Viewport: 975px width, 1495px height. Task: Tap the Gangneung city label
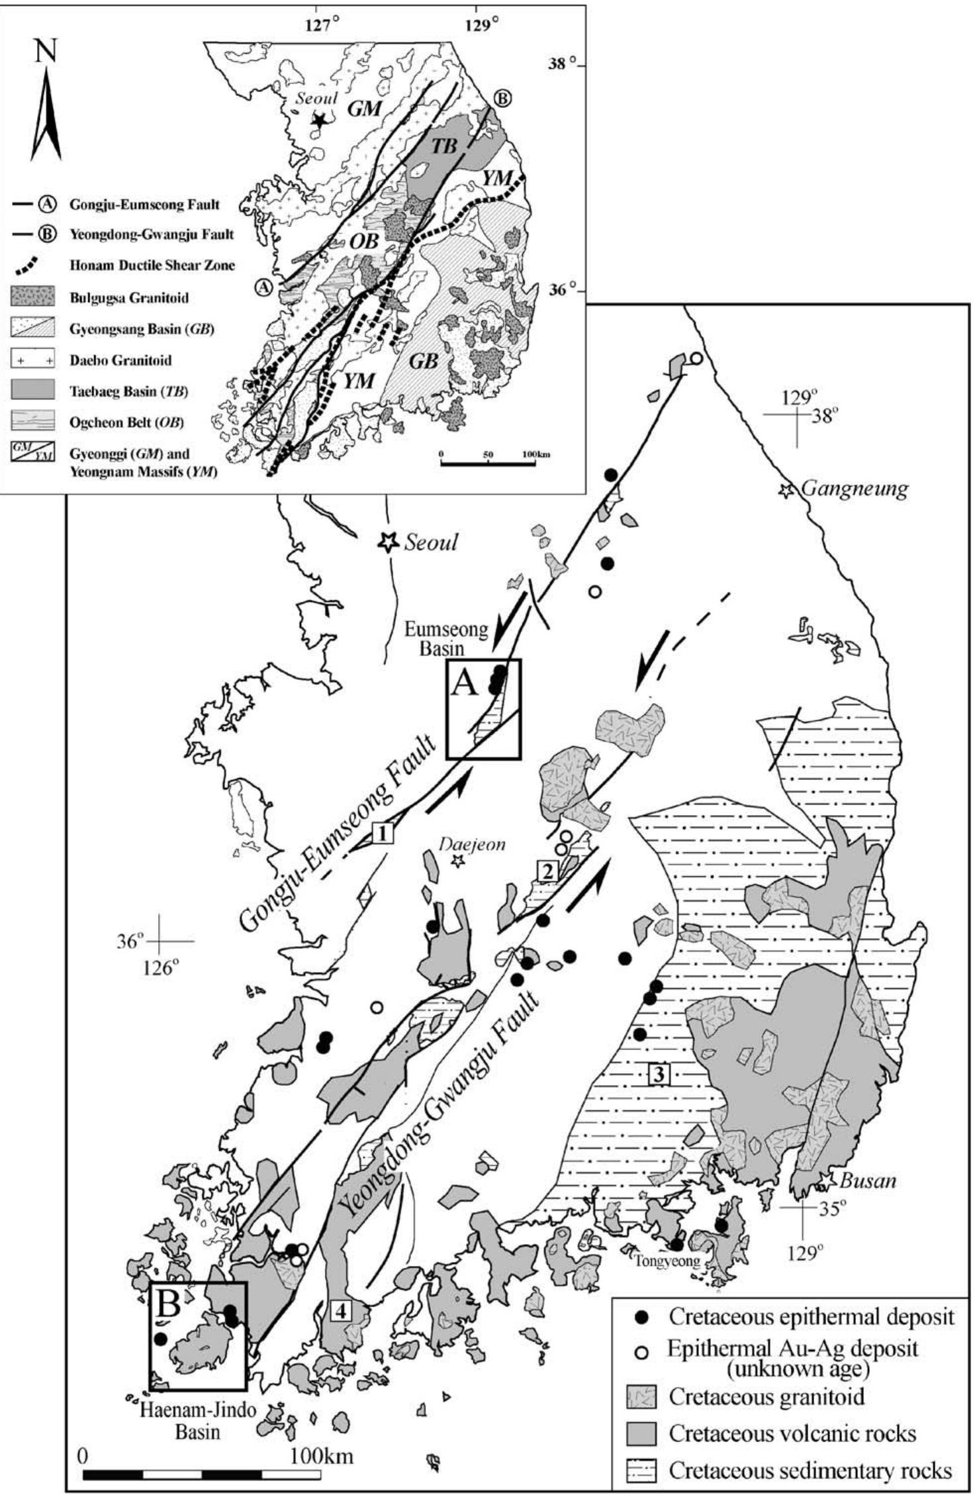click(855, 489)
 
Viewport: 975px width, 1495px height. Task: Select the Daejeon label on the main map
click(473, 844)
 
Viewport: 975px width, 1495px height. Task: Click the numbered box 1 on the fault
click(383, 832)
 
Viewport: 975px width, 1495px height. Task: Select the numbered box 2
click(547, 872)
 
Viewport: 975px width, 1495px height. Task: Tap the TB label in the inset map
click(445, 146)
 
